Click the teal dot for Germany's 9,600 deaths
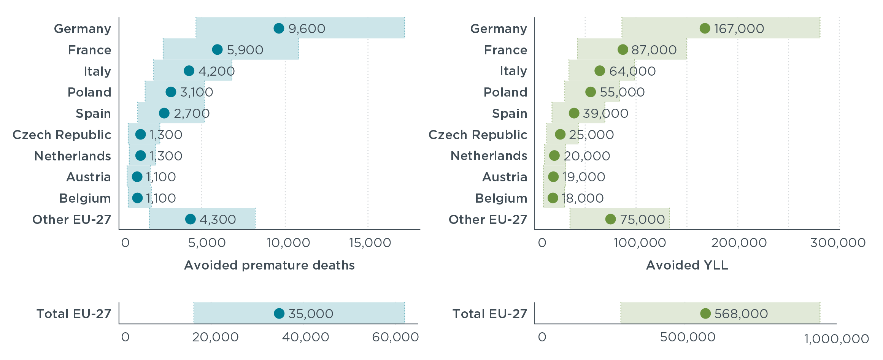[279, 28]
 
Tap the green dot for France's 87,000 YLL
[623, 49]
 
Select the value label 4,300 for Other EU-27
[218, 219]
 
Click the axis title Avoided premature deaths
[269, 265]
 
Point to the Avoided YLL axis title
[687, 265]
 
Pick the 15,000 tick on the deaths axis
[370, 243]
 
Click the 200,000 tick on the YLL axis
[738, 243]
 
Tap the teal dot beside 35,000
[279, 313]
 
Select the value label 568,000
[741, 314]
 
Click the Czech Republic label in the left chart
[62, 135]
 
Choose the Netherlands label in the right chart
[489, 155]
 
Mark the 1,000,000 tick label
[836, 339]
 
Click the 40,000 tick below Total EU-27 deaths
[305, 337]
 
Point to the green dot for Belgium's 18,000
[553, 198]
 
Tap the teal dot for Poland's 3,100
[171, 92]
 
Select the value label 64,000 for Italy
[632, 71]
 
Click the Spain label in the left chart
[93, 113]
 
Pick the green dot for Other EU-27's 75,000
[610, 219]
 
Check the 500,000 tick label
[688, 337]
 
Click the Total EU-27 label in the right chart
[489, 314]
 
